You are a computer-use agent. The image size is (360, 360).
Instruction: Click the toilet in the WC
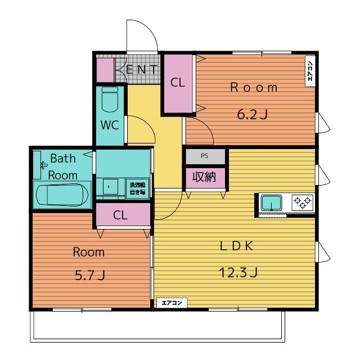[110, 99]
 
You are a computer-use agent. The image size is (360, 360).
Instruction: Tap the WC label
[110, 125]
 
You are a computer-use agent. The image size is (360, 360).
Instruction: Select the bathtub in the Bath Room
[62, 195]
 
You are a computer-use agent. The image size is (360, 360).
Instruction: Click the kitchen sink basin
[271, 202]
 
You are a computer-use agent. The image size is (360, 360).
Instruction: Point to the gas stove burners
[303, 202]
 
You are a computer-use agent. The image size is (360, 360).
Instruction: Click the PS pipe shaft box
[205, 156]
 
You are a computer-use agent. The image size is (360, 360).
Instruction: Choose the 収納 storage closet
[205, 178]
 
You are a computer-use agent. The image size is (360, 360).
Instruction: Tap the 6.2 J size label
[253, 115]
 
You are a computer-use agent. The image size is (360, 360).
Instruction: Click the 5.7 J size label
[90, 275]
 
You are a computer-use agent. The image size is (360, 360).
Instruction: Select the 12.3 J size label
[238, 272]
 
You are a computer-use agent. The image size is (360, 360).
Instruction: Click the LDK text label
[236, 246]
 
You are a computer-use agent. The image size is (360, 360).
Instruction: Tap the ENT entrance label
[141, 69]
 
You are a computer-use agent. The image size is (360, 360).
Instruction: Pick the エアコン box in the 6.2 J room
[310, 71]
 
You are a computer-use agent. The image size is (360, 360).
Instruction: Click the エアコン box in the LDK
[172, 303]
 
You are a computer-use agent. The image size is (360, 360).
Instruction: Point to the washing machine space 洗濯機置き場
[138, 189]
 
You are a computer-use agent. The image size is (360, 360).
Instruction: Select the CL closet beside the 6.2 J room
[178, 84]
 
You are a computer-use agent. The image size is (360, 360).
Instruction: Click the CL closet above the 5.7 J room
[123, 214]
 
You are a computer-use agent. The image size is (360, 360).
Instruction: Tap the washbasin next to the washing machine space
[110, 187]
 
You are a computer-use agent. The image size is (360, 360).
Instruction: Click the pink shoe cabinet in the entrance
[105, 70]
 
